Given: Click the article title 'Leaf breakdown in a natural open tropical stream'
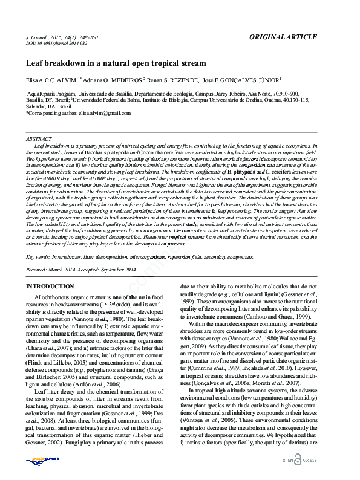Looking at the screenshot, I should pos(116,63).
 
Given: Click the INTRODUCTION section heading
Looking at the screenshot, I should pos(50,286).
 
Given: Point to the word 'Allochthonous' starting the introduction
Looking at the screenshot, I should pos(54,299).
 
